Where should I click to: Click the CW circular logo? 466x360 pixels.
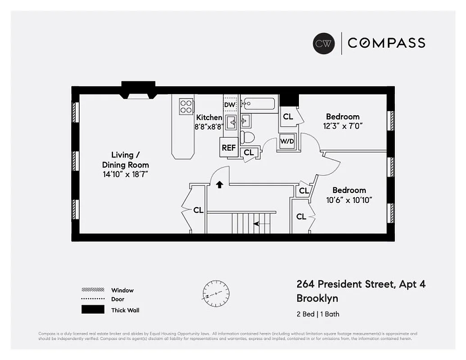point(324,43)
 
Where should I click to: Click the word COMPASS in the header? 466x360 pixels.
point(386,43)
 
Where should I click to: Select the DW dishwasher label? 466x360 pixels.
point(230,105)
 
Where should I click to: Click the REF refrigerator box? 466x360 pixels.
point(229,148)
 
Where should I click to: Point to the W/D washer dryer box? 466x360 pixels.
point(287,142)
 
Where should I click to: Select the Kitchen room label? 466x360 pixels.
point(209,117)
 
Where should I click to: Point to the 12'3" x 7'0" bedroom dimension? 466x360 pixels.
point(343,126)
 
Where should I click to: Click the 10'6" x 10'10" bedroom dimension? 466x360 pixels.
point(349,200)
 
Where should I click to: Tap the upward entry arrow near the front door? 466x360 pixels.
point(219,184)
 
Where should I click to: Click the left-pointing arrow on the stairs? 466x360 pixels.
point(257,223)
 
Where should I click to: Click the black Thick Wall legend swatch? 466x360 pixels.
point(93,310)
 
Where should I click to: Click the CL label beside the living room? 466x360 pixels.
point(198,210)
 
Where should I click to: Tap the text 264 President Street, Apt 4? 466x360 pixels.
point(361,284)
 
